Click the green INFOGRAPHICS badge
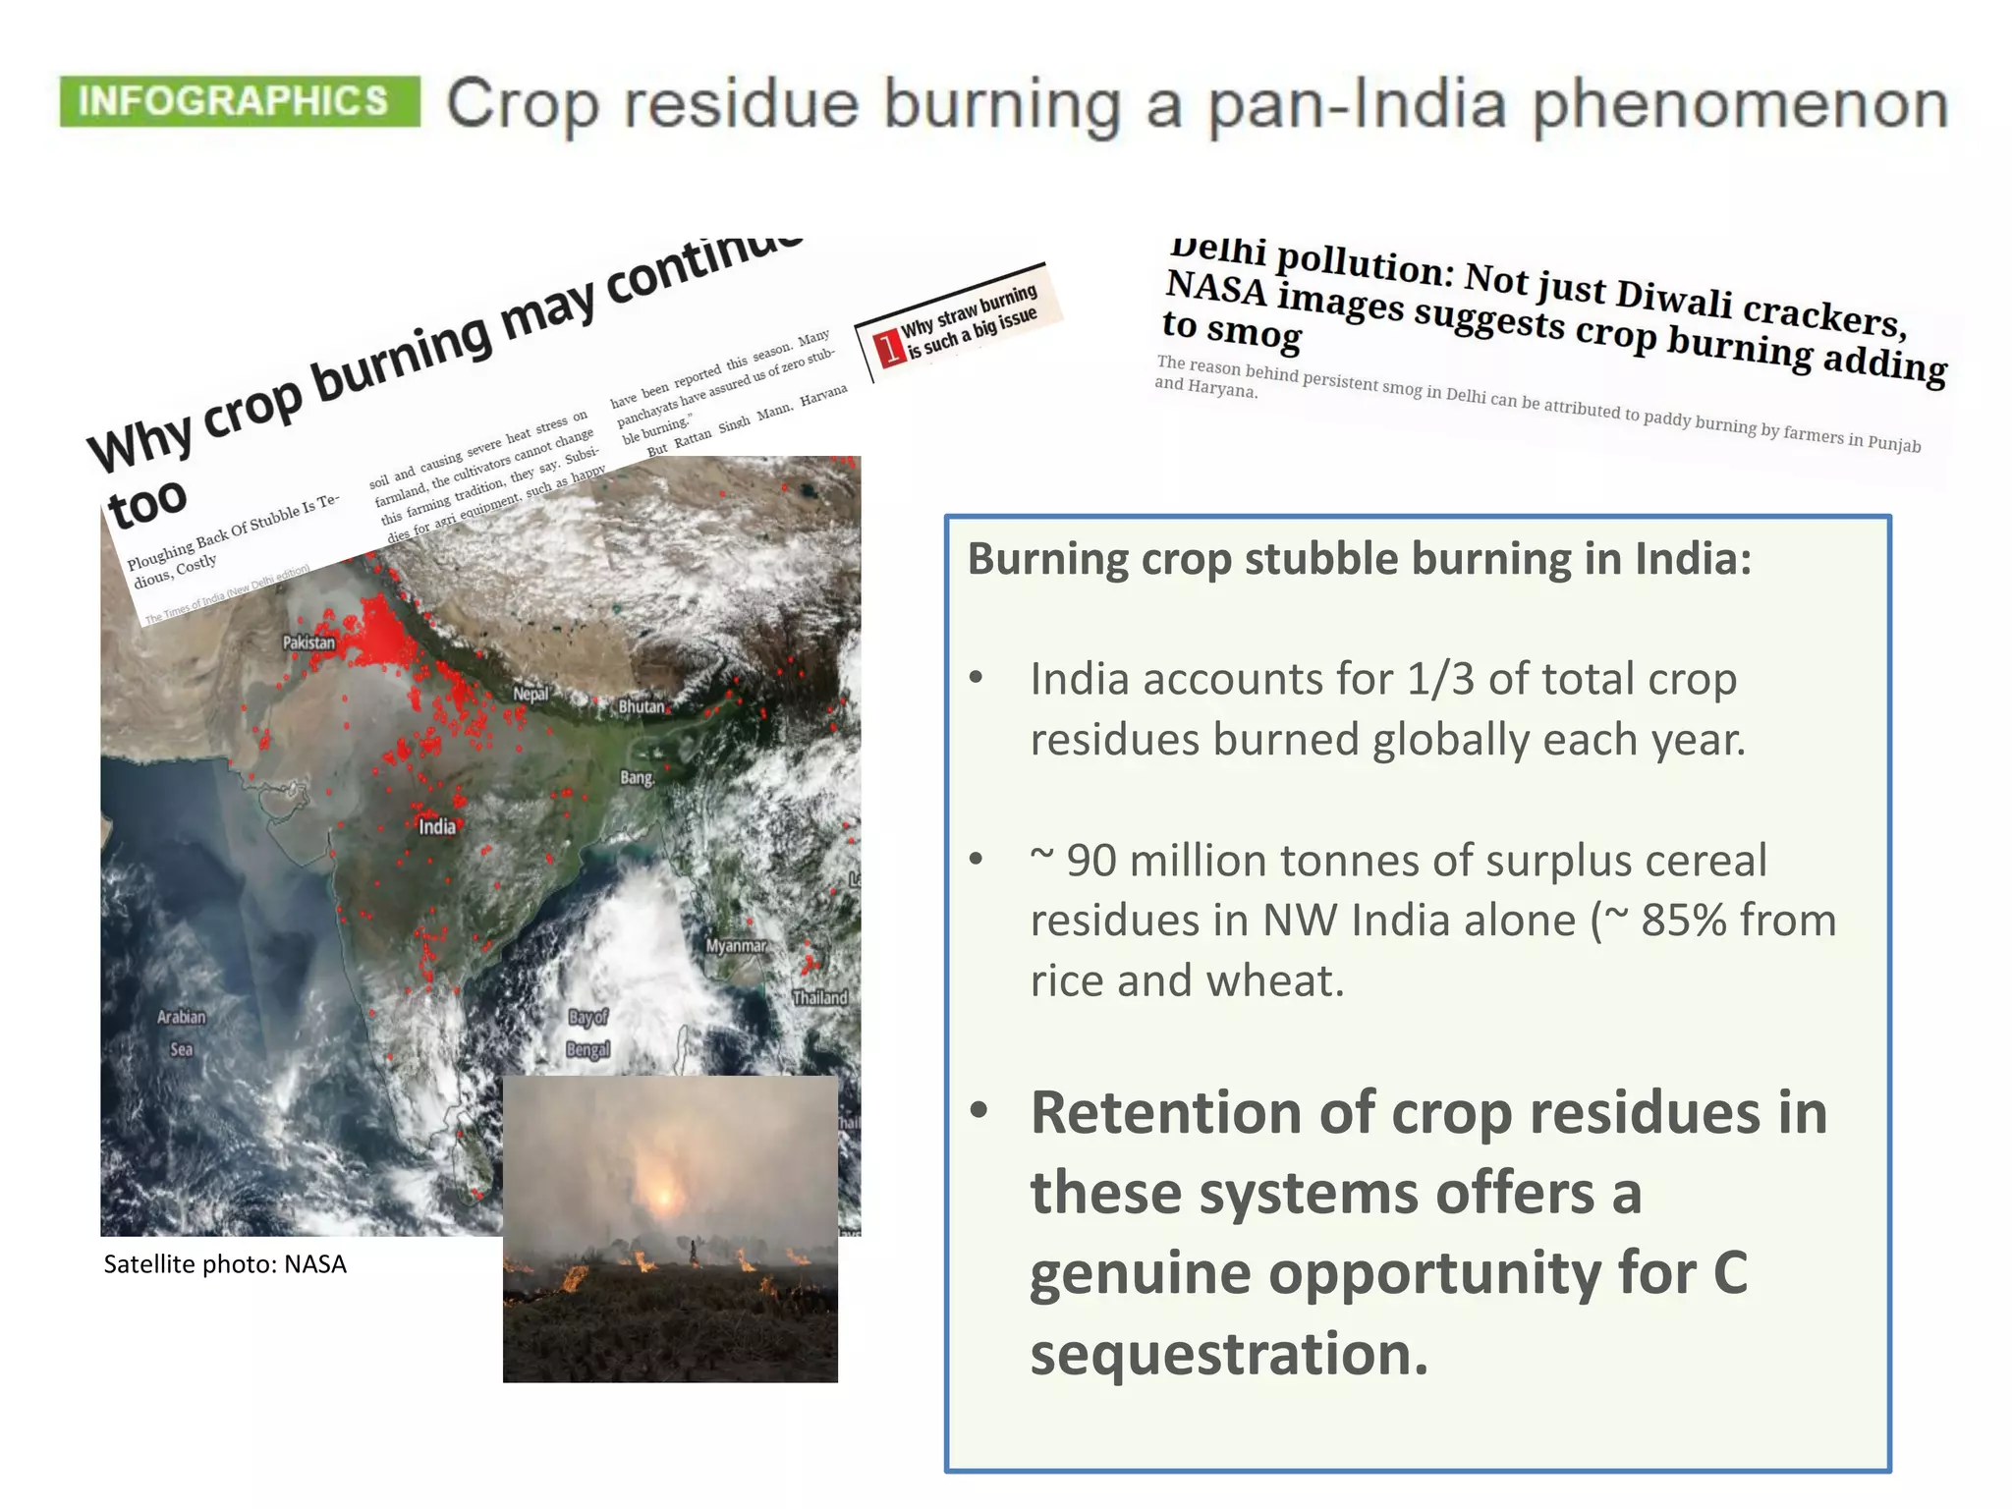[239, 101]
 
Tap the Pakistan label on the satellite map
[308, 643]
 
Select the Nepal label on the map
[531, 694]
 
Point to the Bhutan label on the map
[642, 706]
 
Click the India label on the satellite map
[437, 826]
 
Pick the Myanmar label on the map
[736, 945]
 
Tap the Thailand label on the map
[819, 997]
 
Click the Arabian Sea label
[182, 1033]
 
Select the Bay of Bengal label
[588, 1033]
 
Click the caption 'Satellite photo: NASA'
[225, 1264]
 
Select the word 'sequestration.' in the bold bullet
[1228, 1354]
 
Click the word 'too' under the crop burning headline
[147, 504]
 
